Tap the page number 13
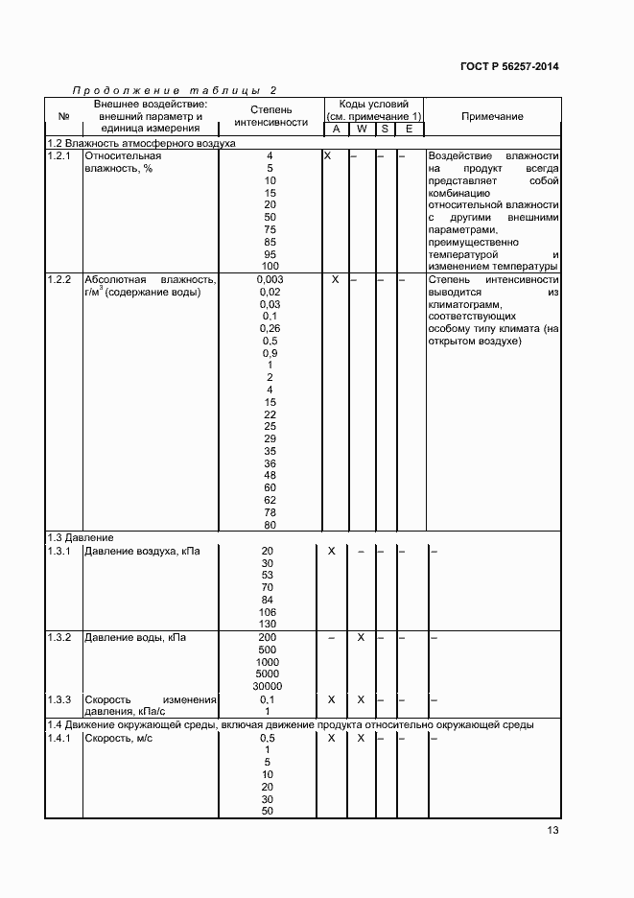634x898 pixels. pyautogui.click(x=552, y=831)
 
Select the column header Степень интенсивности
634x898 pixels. pyautogui.click(x=270, y=116)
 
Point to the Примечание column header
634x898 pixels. pyautogui.click(x=492, y=116)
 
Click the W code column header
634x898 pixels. pyautogui.click(x=361, y=129)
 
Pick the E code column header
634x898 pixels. pyautogui.click(x=409, y=129)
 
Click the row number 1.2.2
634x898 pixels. pyautogui.click(x=60, y=279)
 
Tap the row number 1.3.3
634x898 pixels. pyautogui.click(x=60, y=699)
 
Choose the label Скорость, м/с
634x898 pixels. pyautogui.click(x=118, y=738)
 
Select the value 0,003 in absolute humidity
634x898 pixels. pyautogui.click(x=270, y=279)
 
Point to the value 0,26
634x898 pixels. pyautogui.click(x=270, y=328)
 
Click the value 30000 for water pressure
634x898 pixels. pyautogui.click(x=268, y=686)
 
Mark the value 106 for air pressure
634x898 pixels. pyautogui.click(x=268, y=612)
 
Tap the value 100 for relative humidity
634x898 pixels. pyautogui.click(x=270, y=266)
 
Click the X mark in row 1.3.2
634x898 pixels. pyautogui.click(x=361, y=637)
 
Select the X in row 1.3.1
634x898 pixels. pyautogui.click(x=332, y=551)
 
